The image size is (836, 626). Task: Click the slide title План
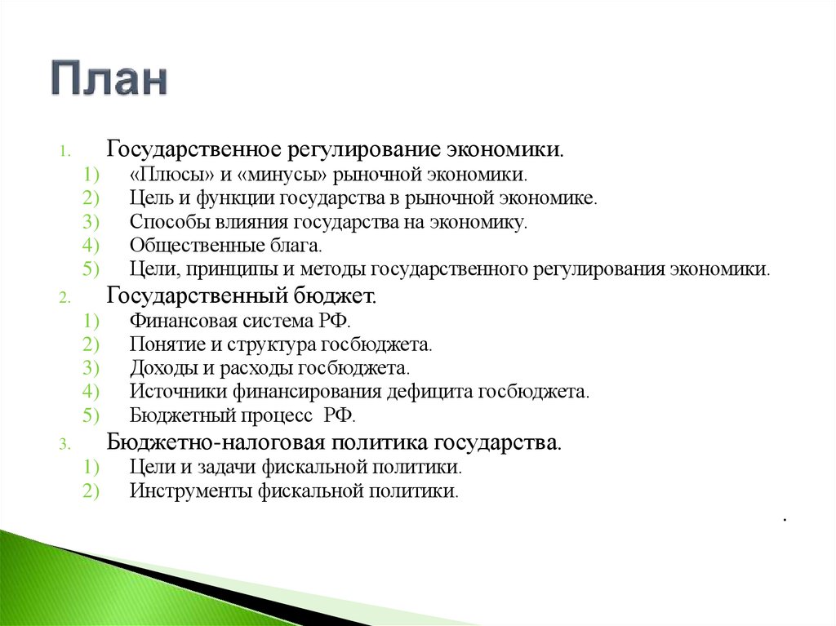(x=110, y=79)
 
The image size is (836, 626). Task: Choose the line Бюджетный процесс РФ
(x=242, y=415)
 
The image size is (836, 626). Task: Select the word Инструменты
(x=189, y=491)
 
